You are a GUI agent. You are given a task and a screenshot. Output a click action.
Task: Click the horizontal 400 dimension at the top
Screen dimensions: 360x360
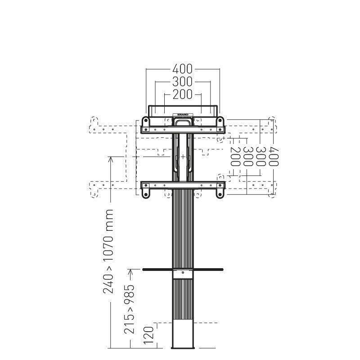point(183,69)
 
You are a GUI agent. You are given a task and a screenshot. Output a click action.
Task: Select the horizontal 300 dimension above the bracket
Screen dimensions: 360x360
point(183,81)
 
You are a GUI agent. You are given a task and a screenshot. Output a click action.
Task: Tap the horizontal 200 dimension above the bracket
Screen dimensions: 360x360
point(183,94)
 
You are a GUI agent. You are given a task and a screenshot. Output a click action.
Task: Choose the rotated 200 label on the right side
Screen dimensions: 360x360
point(235,157)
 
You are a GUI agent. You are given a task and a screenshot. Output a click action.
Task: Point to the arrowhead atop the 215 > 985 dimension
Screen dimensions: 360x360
point(130,270)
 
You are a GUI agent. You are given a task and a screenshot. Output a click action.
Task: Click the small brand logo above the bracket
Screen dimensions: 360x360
point(183,115)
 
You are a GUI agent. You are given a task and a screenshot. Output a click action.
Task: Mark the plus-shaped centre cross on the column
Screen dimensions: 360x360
point(183,156)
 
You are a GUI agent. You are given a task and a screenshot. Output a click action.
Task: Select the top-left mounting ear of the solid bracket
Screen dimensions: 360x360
point(146,121)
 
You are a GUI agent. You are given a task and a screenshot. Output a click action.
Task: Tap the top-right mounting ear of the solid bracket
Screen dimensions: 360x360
point(220,121)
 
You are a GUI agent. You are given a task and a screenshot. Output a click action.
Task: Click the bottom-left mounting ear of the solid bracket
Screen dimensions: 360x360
point(146,193)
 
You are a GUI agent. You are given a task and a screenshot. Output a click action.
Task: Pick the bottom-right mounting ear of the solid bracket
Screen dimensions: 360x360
point(220,193)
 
